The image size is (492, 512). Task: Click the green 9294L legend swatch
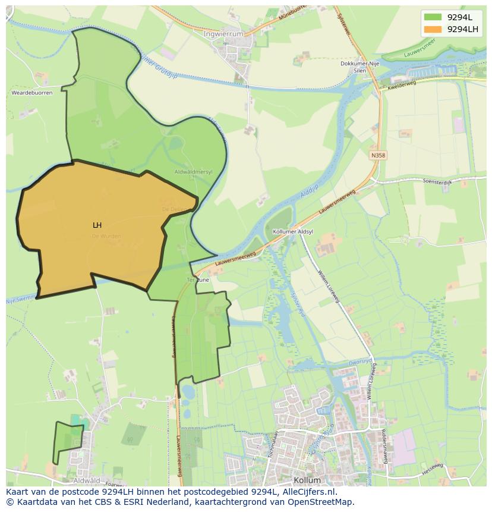coord(433,17)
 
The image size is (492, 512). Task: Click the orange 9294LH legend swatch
coord(433,29)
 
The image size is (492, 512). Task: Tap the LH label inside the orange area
coord(97,225)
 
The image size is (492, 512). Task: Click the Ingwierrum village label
coord(223,34)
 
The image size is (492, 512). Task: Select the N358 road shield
coord(378,155)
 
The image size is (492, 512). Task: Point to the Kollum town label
coord(307,480)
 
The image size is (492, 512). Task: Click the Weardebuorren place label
coord(32,93)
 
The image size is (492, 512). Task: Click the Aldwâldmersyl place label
coord(193,171)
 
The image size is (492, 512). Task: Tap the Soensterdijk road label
coord(437,182)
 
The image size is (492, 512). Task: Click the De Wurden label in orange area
coord(106,236)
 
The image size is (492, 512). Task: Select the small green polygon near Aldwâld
coord(67,441)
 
